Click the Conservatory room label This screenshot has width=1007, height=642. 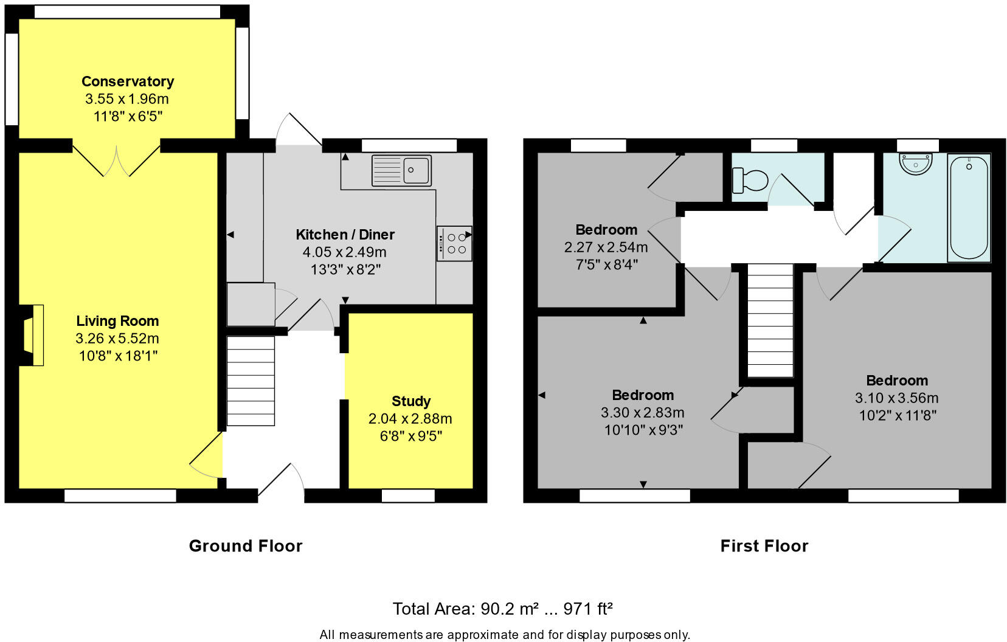click(128, 81)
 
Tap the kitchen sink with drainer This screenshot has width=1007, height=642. click(401, 170)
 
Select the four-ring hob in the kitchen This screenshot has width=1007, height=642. click(454, 243)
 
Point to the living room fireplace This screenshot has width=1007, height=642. click(32, 336)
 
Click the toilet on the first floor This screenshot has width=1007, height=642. click(750, 180)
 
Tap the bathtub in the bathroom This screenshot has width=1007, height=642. click(969, 208)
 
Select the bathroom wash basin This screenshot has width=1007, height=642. click(915, 164)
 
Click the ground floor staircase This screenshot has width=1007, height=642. click(251, 381)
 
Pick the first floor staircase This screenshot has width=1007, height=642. click(770, 320)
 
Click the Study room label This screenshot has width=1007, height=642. click(411, 401)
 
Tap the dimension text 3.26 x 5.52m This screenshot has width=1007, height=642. click(117, 339)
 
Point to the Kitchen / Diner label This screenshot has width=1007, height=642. click(345, 235)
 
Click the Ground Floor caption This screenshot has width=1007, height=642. click(246, 546)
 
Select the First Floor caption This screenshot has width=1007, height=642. click(764, 546)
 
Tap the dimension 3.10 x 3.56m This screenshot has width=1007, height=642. click(896, 398)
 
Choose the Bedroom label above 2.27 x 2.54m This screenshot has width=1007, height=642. click(606, 230)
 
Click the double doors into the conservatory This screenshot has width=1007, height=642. click(116, 160)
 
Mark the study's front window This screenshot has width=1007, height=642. click(408, 495)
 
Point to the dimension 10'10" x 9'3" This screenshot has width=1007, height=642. click(643, 430)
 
